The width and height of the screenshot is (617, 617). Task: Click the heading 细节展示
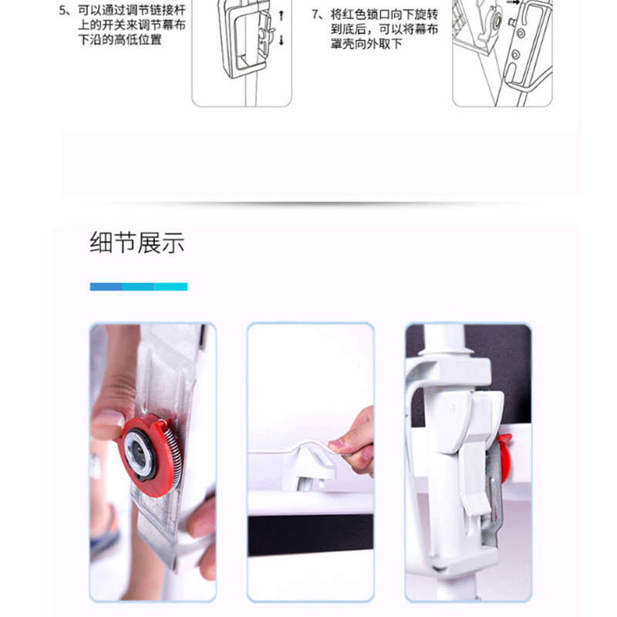tap(137, 243)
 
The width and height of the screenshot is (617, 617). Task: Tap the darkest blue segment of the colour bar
tap(106, 287)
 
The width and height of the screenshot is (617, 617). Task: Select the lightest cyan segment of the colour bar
tap(171, 287)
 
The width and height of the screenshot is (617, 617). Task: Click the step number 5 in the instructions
tap(62, 11)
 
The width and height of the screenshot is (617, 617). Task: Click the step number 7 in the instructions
tap(315, 15)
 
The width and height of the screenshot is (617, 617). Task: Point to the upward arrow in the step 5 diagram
tap(281, 15)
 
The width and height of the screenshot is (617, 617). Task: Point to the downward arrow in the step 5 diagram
tap(281, 40)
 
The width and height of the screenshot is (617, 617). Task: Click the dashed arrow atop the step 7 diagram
tap(513, 2)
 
